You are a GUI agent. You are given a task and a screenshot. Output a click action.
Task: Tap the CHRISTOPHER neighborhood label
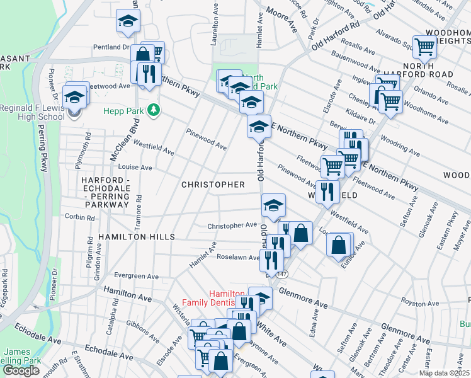point(212,185)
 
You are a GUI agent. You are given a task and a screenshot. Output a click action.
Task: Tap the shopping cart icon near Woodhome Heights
point(425,46)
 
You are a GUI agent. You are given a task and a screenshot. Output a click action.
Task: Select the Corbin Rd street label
point(79,217)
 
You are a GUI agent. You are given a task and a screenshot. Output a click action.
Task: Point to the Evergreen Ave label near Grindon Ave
point(137,276)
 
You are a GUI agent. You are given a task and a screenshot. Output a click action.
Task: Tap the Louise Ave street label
point(135,168)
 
